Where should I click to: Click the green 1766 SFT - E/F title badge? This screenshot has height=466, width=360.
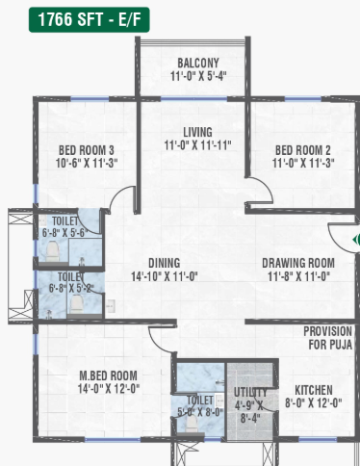coord(90,19)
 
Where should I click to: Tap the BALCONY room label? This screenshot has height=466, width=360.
coord(198,63)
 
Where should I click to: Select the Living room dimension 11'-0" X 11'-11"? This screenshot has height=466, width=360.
coord(197,145)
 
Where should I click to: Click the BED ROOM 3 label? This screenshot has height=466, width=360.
coord(87,150)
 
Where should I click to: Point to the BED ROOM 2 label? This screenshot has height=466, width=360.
coord(303,150)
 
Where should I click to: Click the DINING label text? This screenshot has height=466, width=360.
coord(165,263)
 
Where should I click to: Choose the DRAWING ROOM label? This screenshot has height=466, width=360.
coord(298,263)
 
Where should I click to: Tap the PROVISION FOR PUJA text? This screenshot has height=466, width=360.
coord(328,338)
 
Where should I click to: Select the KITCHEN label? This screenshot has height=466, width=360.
coord(314,390)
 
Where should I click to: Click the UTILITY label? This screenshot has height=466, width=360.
coord(250,392)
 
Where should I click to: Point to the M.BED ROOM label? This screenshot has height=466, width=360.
coord(108,375)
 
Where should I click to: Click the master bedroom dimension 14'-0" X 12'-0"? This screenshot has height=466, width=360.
coord(109,389)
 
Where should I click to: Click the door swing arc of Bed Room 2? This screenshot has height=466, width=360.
coord(265,186)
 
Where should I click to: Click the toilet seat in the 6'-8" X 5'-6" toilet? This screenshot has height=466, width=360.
coord(52,251)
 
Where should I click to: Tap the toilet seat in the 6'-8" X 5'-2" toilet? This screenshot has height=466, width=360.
coord(76,304)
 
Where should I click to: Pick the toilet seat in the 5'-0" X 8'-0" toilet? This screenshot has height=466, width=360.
coord(192,424)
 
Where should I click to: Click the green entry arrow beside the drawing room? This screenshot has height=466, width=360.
coord(356,240)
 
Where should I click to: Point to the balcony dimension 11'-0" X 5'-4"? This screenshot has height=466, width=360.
coord(198,76)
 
